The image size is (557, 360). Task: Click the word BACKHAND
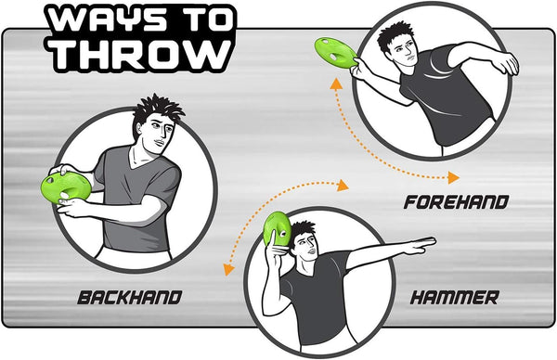[130, 298]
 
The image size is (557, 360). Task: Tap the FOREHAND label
[456, 202]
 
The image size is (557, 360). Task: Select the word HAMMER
[455, 298]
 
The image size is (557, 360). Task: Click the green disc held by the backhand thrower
[66, 187]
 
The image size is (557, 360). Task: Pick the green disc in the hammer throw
[277, 229]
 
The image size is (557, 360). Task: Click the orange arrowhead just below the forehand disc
[335, 84]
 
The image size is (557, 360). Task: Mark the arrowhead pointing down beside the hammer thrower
[228, 270]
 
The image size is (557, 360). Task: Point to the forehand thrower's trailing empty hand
[506, 63]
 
